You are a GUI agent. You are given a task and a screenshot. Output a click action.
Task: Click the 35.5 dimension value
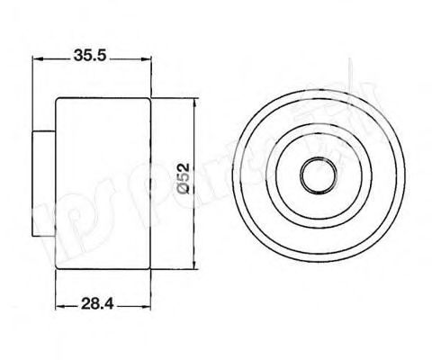(90, 53)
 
